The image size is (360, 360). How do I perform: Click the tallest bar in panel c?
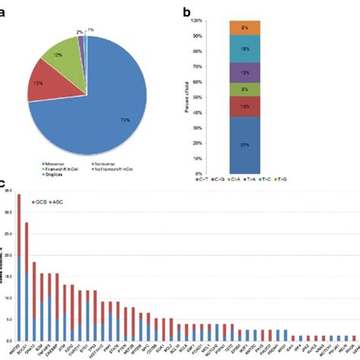tap(18, 266)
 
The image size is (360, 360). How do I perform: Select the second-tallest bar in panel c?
tap(27, 281)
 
